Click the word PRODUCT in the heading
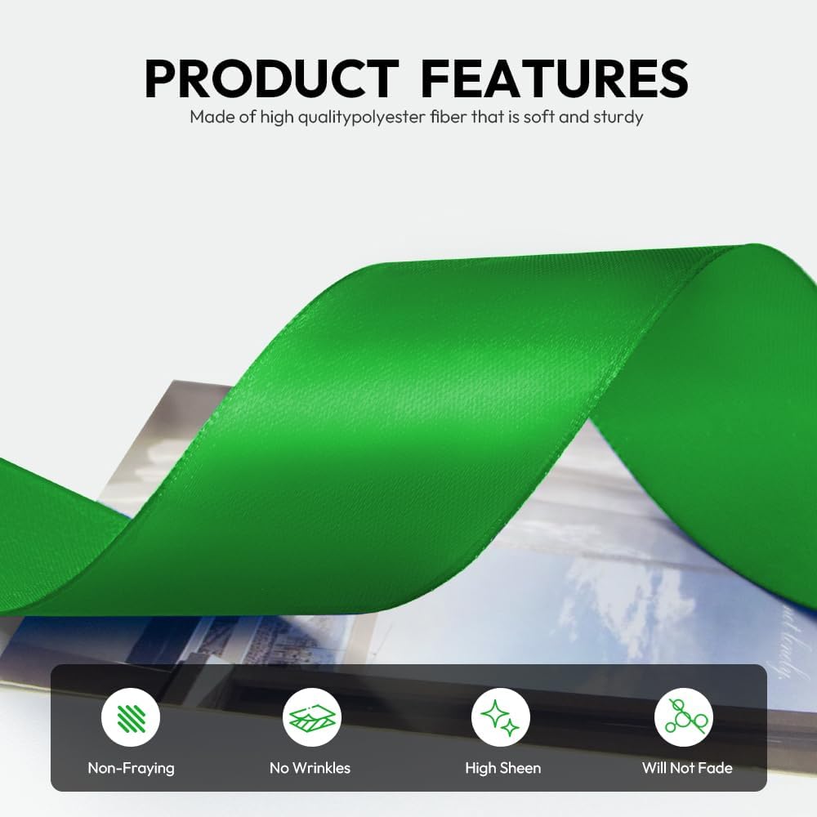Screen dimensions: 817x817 tap(272, 78)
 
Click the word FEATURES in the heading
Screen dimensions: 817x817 tap(554, 78)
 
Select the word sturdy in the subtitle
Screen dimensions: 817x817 tap(618, 117)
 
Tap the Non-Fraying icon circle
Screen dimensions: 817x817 tap(131, 717)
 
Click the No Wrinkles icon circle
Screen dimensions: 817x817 tap(311, 717)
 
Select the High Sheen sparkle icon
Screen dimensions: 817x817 tap(500, 717)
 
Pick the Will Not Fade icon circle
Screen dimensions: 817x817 tap(684, 717)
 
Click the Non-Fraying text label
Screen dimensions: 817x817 tap(131, 768)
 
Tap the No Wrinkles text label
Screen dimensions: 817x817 tap(310, 768)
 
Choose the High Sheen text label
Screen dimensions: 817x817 tap(502, 768)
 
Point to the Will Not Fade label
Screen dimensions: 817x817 tap(687, 768)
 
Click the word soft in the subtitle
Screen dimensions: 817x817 tap(538, 117)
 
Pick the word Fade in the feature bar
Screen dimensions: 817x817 tap(715, 768)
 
